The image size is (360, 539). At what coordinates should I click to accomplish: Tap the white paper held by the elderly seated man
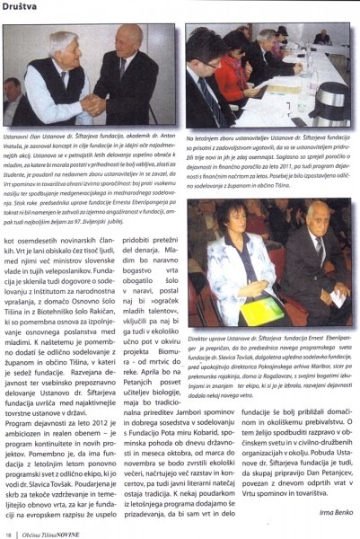pos(337,296)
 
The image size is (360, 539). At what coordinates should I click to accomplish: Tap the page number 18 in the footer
pos(8,533)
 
